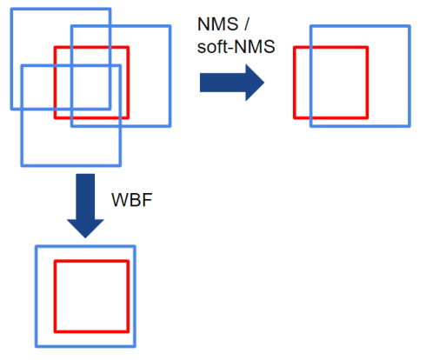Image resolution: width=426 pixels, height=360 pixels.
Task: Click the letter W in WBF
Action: [x=117, y=201]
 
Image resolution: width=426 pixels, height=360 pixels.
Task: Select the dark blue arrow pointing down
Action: [x=85, y=205]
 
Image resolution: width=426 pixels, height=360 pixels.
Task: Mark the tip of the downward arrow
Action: [x=85, y=237]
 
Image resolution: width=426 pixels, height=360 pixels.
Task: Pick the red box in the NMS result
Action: [x=296, y=83]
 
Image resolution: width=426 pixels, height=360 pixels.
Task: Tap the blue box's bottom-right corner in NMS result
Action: [x=409, y=126]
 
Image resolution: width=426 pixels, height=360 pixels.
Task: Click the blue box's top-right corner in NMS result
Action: [x=409, y=26]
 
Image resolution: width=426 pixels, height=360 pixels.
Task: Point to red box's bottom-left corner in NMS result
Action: [x=296, y=117]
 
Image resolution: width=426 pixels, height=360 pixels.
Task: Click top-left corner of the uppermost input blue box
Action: [x=11, y=9]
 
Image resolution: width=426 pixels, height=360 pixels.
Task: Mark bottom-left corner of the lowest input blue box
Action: [x=21, y=164]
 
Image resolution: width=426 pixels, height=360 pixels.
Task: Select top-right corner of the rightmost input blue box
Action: [x=169, y=27]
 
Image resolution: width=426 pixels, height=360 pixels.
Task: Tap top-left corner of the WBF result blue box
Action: [x=37, y=246]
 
